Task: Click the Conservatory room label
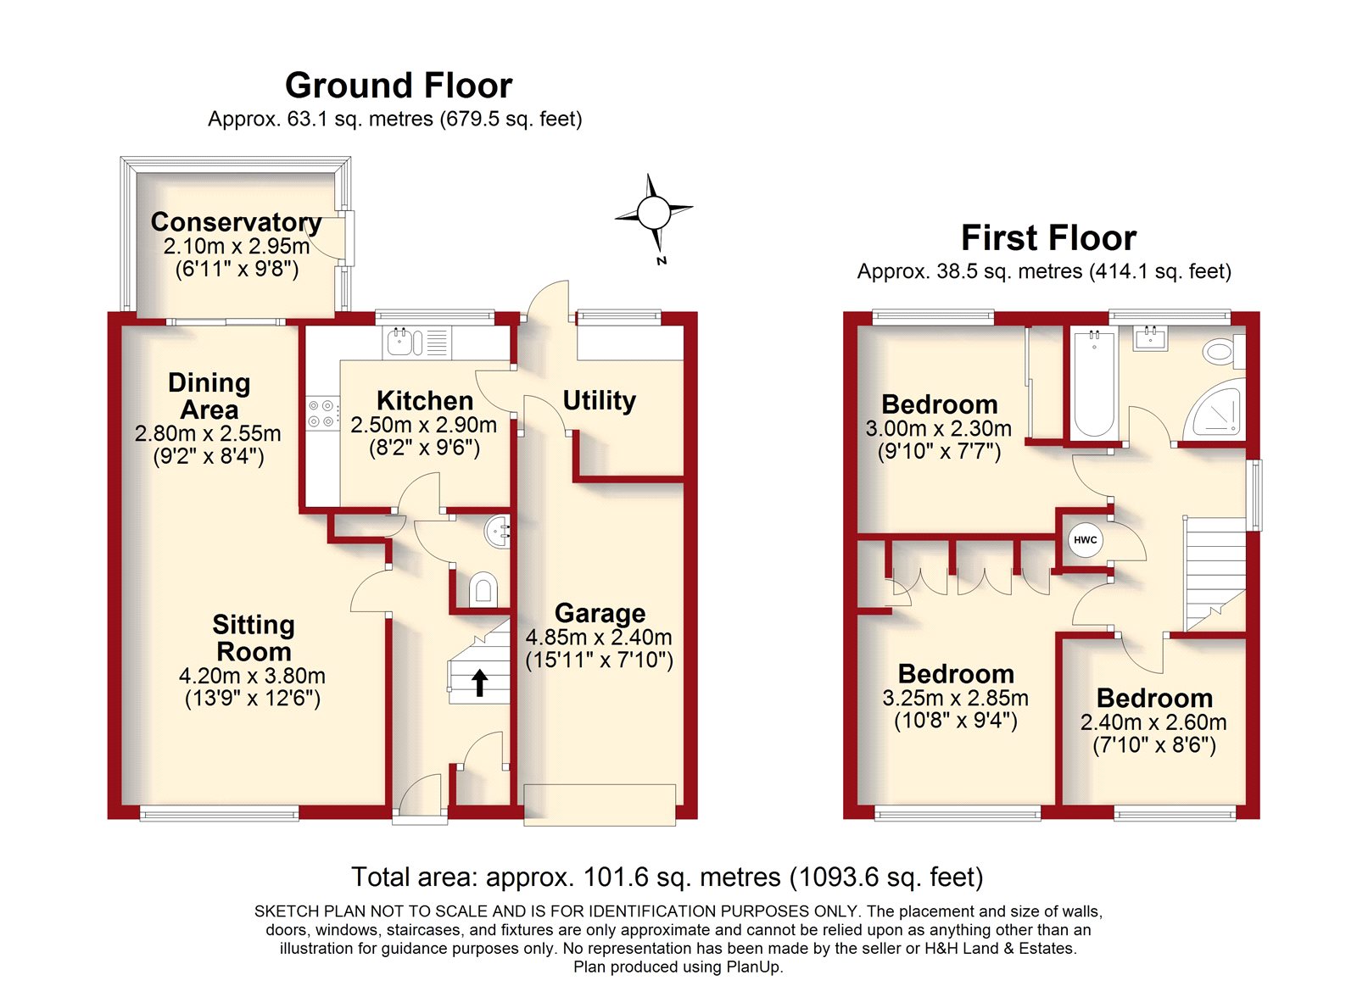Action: pyautogui.click(x=237, y=221)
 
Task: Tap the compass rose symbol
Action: pyautogui.click(x=654, y=213)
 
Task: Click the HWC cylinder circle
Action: pyautogui.click(x=1085, y=540)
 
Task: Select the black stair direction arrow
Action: pyautogui.click(x=480, y=682)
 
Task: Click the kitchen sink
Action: pyautogui.click(x=400, y=342)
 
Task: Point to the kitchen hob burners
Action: pyautogui.click(x=323, y=413)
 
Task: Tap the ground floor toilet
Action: pyautogui.click(x=483, y=588)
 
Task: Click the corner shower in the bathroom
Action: pyautogui.click(x=1214, y=410)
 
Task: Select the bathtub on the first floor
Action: pyautogui.click(x=1094, y=382)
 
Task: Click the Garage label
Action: pyautogui.click(x=600, y=613)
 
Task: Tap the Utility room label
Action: pyautogui.click(x=599, y=400)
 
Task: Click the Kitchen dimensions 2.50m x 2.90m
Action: pyautogui.click(x=423, y=425)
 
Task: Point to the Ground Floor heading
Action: pyautogui.click(x=399, y=86)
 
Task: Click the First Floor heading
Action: pyautogui.click(x=1048, y=237)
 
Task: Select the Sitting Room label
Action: pyautogui.click(x=254, y=638)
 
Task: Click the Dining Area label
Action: pyautogui.click(x=209, y=396)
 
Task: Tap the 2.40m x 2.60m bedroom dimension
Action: pyautogui.click(x=1153, y=722)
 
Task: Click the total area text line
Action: pyautogui.click(x=667, y=877)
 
